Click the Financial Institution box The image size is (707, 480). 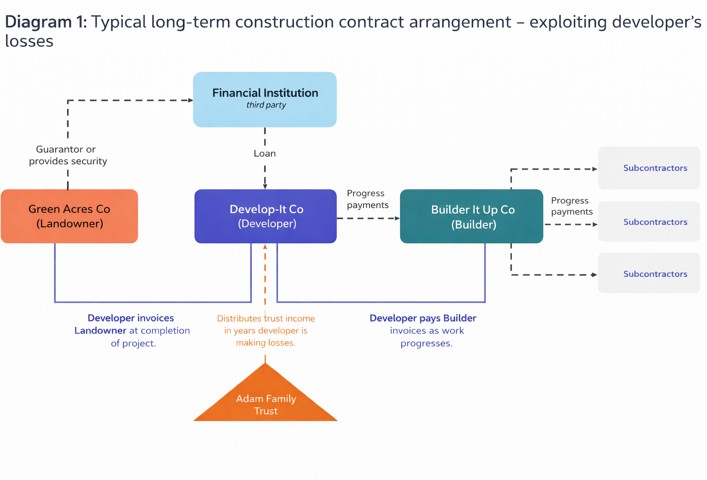coord(265,99)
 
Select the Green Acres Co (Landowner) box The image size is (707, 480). coord(69,216)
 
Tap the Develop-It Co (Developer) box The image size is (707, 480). coord(265,216)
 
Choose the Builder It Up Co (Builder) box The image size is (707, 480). coord(472,216)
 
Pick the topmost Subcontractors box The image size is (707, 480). coord(649,168)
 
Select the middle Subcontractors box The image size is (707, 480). coord(649,222)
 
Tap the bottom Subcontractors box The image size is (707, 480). coord(649,273)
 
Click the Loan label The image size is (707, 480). coord(265,153)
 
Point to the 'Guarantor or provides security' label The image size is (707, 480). coord(68,155)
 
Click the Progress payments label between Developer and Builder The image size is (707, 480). coord(368,199)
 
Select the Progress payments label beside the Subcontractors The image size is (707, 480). coord(572,206)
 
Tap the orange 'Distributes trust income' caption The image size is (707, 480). coord(266,330)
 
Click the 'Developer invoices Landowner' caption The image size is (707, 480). coord(132,330)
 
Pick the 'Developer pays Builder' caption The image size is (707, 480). coord(423,330)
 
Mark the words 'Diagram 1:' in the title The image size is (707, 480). coord(45,22)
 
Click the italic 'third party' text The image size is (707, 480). coord(266,105)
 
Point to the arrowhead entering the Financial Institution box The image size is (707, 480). coord(190,100)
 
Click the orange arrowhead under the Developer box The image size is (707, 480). coord(265,247)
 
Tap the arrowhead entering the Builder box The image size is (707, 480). coord(397,218)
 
